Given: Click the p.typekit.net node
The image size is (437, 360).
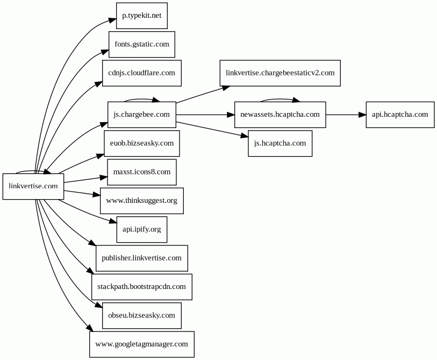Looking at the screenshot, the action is (142, 16).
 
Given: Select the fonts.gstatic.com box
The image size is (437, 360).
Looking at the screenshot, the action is (142, 44).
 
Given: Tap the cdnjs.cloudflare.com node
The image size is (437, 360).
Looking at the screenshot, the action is (142, 73).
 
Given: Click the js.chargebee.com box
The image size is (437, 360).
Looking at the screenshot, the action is (142, 115).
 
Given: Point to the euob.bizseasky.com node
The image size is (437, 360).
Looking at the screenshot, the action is (142, 144).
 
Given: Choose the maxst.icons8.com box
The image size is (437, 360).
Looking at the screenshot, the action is (142, 172).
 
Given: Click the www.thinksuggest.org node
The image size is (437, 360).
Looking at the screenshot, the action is (142, 201).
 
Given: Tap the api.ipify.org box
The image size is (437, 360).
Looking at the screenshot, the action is (142, 230).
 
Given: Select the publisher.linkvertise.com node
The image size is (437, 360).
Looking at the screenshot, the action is (142, 258).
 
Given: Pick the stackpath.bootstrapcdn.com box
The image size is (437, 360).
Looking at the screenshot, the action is (142, 287).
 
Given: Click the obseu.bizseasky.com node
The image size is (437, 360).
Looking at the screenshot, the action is (142, 316).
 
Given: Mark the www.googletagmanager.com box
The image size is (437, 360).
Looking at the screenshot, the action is (142, 344).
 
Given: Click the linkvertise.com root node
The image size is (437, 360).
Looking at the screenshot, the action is (33, 186).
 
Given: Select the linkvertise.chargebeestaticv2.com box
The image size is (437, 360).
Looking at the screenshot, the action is (280, 73).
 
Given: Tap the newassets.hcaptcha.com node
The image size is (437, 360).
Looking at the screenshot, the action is (280, 115).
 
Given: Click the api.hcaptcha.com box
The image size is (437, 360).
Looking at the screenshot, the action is (400, 115).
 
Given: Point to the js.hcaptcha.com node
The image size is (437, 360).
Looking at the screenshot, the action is (280, 144).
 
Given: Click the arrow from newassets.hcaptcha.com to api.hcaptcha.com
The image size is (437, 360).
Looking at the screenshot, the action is (346, 115).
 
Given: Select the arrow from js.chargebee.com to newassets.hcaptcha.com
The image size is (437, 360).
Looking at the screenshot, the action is (205, 115).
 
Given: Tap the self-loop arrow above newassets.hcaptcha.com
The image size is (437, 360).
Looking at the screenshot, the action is (280, 99).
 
